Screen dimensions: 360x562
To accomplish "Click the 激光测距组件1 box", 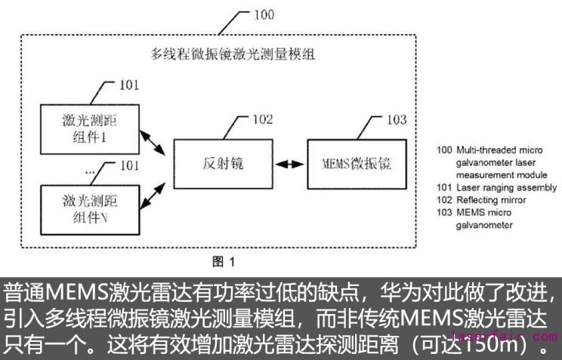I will pyautogui.click(x=90, y=128).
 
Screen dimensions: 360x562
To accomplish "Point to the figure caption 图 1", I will pyautogui.click(x=224, y=262).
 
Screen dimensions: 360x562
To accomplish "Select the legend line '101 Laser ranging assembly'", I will pyautogui.click(x=496, y=187).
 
